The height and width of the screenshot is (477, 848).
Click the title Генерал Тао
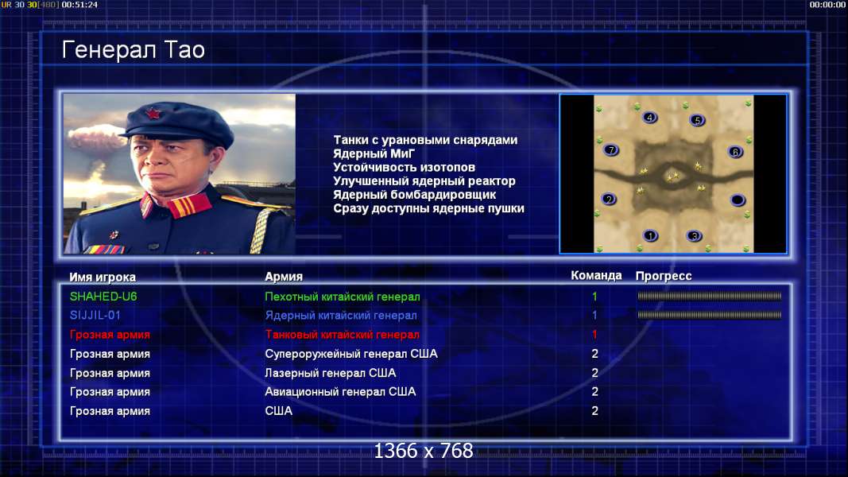click(x=133, y=50)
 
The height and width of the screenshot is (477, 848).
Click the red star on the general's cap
click(x=153, y=114)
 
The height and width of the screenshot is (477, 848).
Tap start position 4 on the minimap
click(x=649, y=118)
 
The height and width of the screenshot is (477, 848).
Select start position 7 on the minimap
click(x=610, y=149)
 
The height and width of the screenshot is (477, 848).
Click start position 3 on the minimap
click(x=694, y=236)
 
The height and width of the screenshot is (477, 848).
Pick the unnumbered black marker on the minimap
click(x=738, y=200)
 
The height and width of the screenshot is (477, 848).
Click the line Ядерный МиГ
click(x=374, y=153)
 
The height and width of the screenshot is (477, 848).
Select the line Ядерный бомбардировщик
click(x=414, y=194)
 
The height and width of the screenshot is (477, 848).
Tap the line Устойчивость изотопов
click(x=404, y=167)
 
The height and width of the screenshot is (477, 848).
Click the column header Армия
click(x=284, y=277)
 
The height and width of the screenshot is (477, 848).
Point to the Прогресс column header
click(x=664, y=276)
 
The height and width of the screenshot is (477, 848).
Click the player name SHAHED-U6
click(x=103, y=297)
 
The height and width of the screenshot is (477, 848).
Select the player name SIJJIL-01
click(x=95, y=316)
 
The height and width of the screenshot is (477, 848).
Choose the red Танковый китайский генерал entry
click(x=342, y=335)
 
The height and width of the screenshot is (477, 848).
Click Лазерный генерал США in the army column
click(x=330, y=373)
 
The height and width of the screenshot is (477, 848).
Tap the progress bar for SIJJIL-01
click(x=710, y=315)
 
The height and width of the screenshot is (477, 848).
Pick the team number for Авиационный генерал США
click(x=595, y=392)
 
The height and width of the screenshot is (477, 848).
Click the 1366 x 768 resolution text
click(x=424, y=451)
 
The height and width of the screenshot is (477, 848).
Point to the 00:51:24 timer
click(x=79, y=5)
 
